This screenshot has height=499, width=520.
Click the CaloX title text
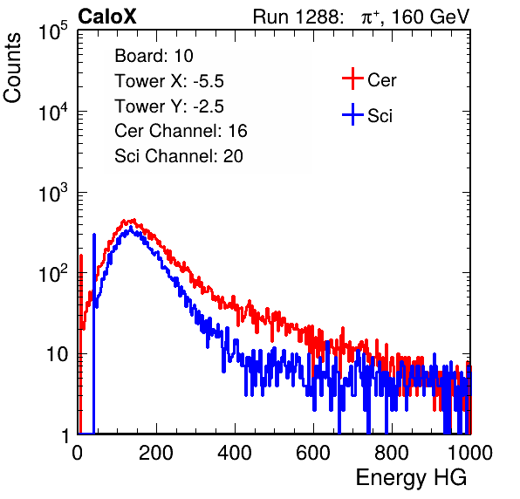click(107, 17)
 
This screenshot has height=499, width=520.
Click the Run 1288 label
click(297, 17)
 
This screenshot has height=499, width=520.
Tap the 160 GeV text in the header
click(431, 17)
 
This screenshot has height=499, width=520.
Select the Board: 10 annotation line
click(154, 56)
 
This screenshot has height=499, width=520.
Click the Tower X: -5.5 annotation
click(169, 81)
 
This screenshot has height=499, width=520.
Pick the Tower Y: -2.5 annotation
click(169, 106)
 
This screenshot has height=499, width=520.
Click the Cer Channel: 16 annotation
click(181, 131)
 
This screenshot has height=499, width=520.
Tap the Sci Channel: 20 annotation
click(179, 156)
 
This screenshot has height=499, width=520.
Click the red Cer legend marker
click(352, 79)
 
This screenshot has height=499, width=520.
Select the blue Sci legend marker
click(352, 114)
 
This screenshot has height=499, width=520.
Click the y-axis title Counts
click(12, 68)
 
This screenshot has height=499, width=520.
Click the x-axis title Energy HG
click(411, 478)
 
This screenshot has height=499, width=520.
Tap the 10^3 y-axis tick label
click(53, 194)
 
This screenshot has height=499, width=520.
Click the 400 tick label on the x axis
click(235, 453)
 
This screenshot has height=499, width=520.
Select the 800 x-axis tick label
click(392, 453)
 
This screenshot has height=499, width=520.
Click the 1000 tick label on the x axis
click(470, 453)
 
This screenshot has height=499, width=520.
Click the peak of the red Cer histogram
click(133, 220)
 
